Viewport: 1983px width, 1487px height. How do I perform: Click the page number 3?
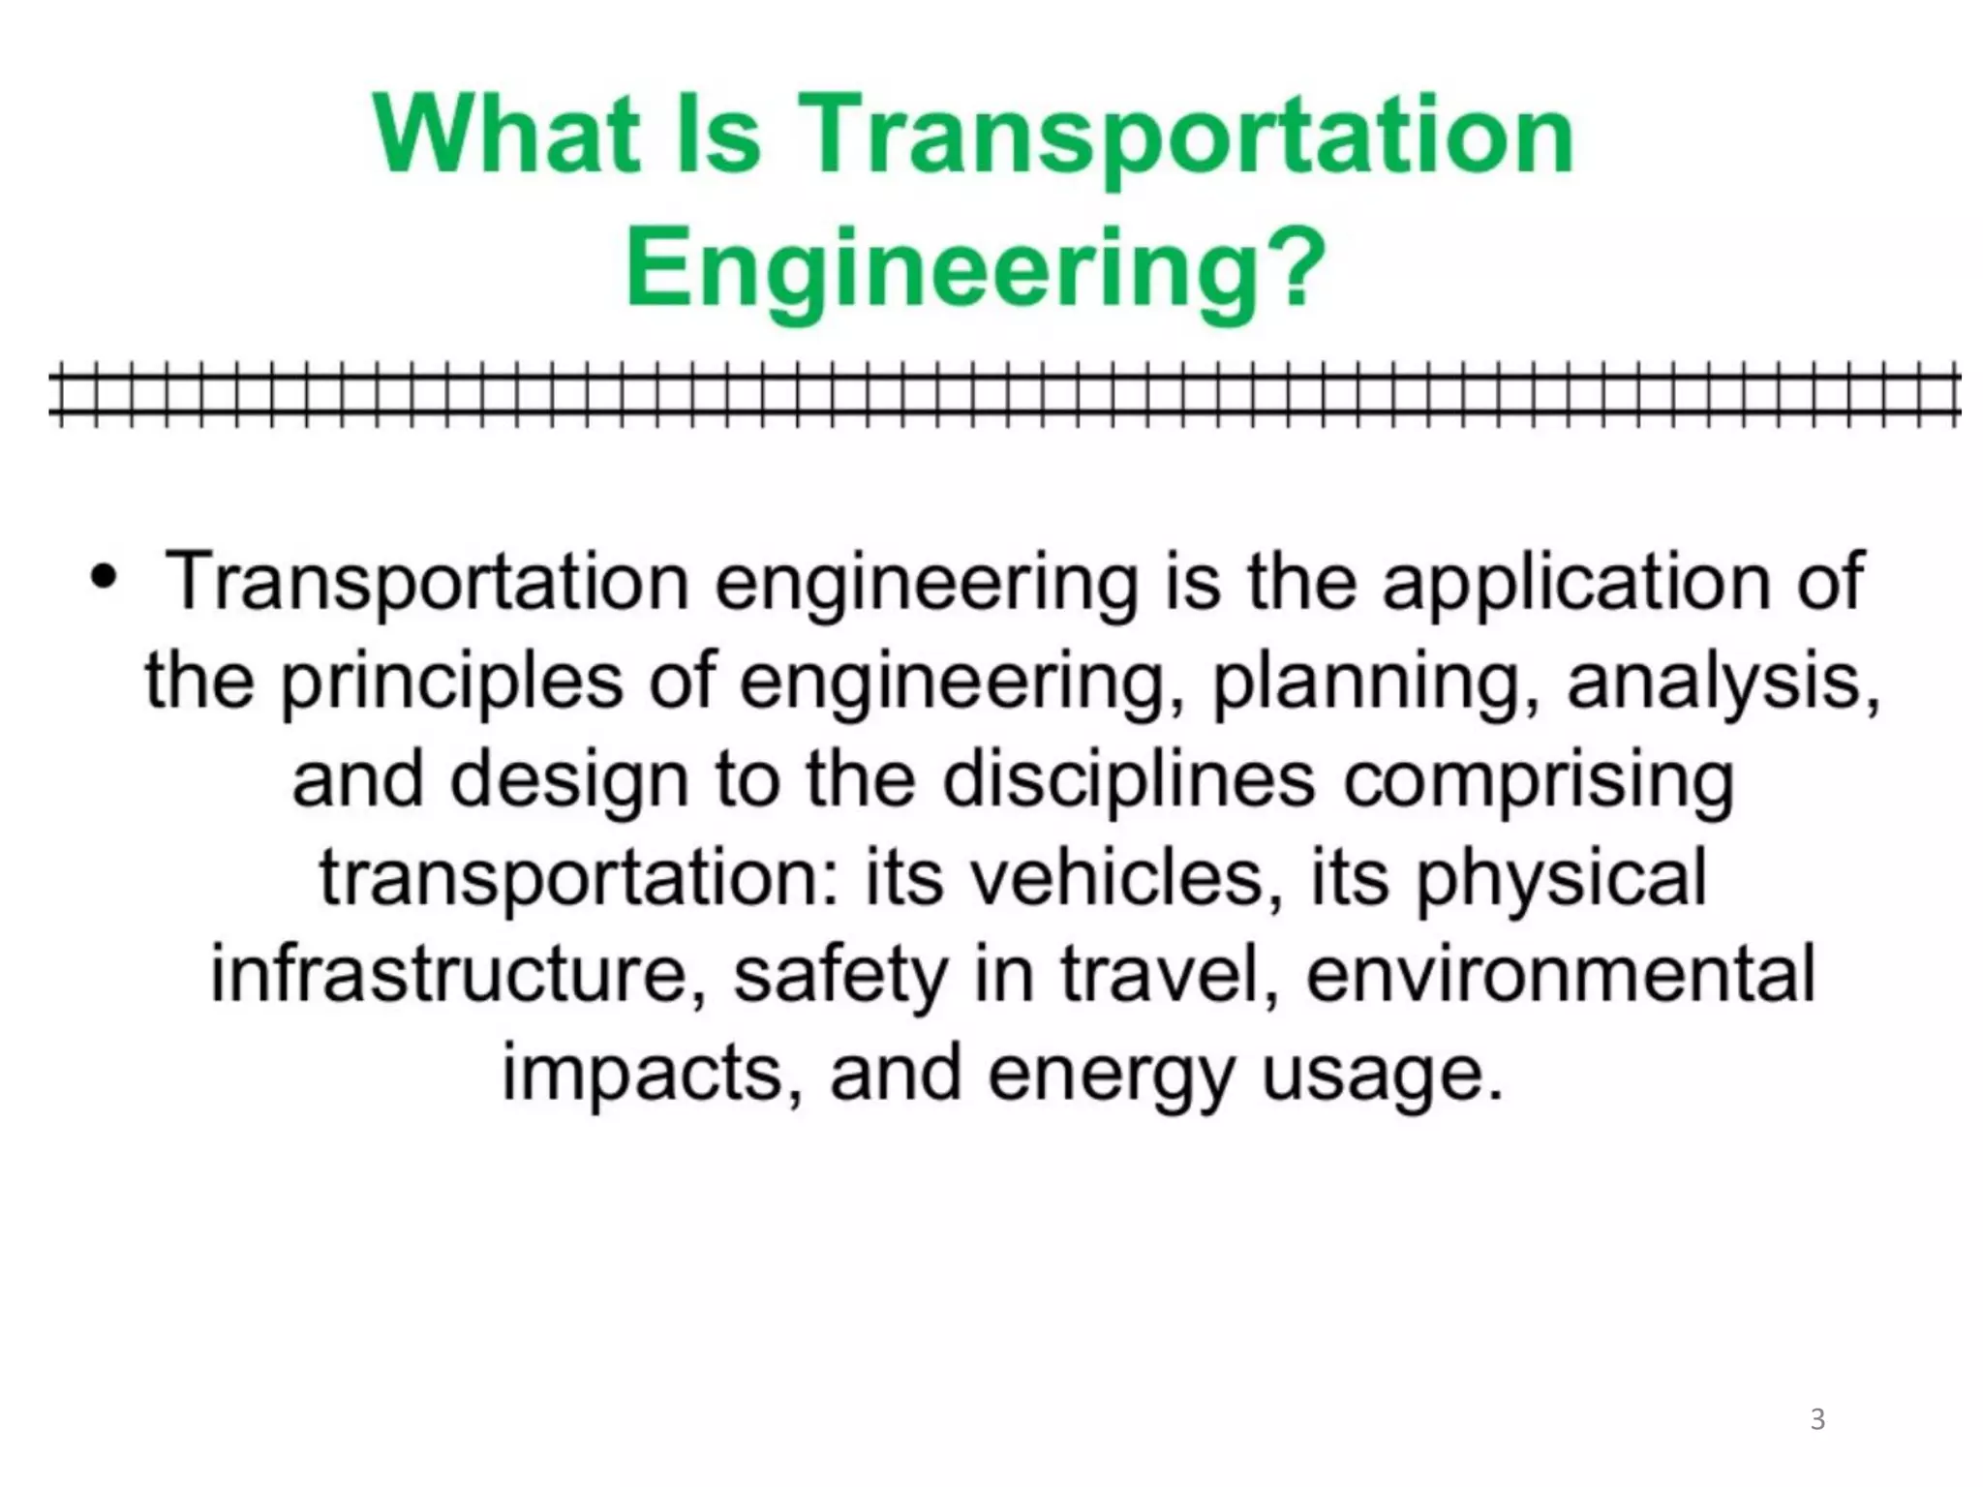coord(1817,1419)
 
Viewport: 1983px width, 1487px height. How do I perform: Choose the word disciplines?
coord(1128,779)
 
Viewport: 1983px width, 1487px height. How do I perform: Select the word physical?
coord(1561,879)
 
